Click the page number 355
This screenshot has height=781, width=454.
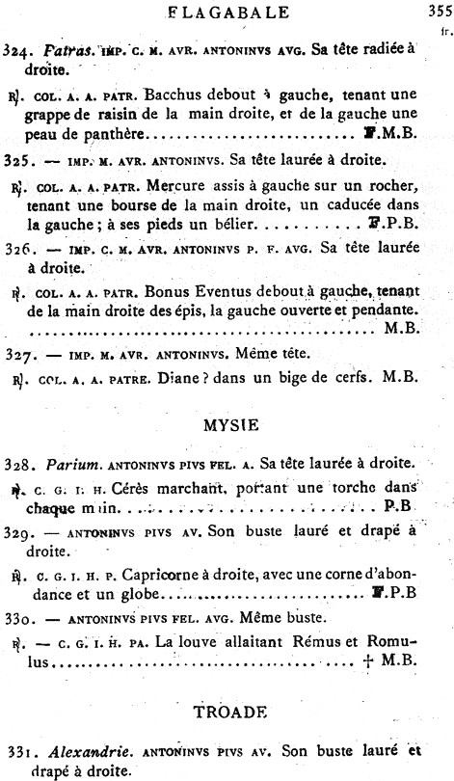tap(436, 13)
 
